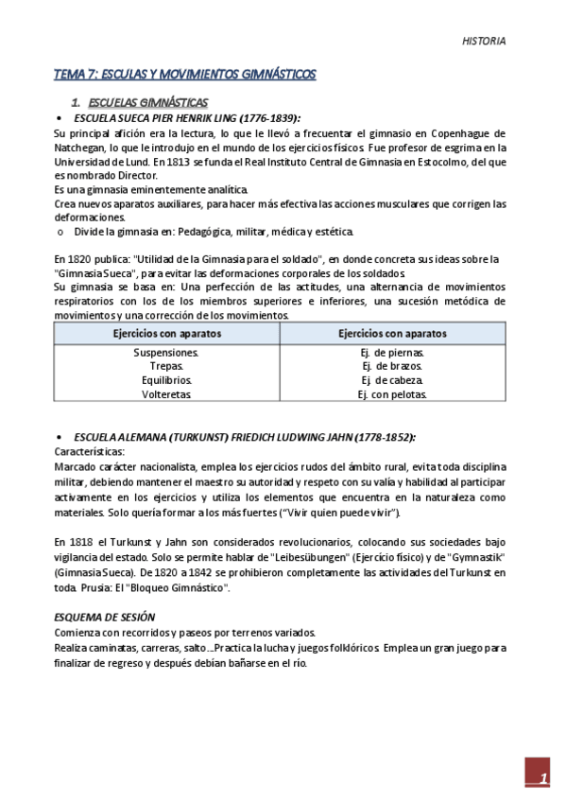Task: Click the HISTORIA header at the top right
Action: click(x=484, y=42)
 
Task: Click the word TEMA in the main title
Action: click(x=69, y=75)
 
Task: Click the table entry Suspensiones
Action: click(x=166, y=353)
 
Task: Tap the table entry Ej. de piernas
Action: click(x=392, y=353)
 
